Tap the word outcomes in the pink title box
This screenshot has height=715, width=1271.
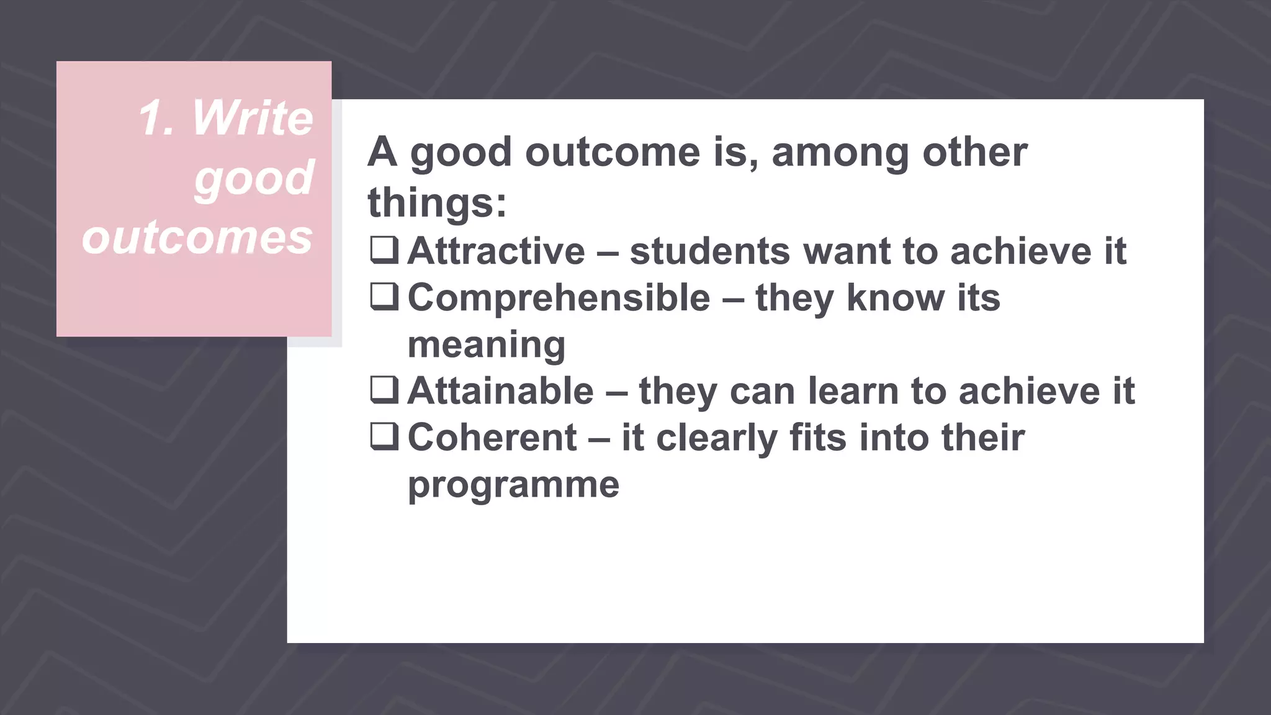point(197,238)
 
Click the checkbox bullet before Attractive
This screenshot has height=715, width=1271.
point(384,250)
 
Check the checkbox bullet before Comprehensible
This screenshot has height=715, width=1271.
point(384,297)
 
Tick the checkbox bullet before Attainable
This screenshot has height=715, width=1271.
point(384,390)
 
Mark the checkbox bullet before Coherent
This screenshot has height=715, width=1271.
point(384,436)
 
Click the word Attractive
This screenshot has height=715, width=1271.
point(496,251)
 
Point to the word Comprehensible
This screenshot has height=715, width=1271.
point(559,298)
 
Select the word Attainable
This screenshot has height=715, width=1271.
point(501,391)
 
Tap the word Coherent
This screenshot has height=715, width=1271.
point(492,438)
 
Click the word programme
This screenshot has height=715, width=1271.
point(513,485)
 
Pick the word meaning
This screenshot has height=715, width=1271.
point(487,345)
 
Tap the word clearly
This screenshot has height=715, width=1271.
point(716,438)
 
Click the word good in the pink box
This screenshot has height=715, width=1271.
point(254,178)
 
